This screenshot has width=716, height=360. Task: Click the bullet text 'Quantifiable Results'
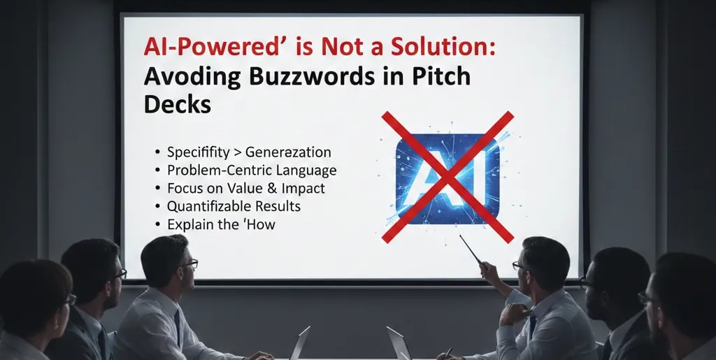tap(234, 206)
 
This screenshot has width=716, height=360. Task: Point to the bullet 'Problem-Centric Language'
tap(252, 170)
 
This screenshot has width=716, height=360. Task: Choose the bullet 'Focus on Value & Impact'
tap(245, 188)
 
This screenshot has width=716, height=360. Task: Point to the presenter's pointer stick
tap(471, 250)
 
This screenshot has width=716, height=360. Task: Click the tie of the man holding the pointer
tap(533, 325)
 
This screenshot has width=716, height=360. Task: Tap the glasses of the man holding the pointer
tap(520, 266)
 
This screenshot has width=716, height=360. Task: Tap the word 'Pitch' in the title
tap(443, 75)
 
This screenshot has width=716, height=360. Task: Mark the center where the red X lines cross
tap(447, 176)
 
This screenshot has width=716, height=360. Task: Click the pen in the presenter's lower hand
tap(448, 352)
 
